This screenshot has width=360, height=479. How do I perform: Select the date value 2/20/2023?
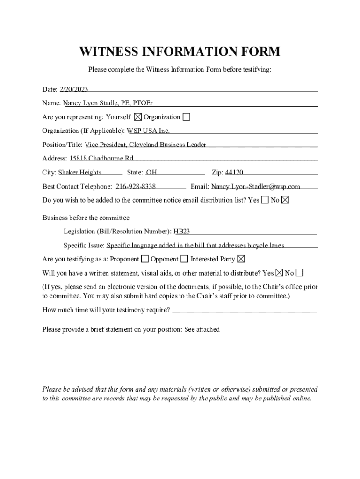click(x=74, y=89)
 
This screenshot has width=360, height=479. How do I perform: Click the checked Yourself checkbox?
click(x=138, y=117)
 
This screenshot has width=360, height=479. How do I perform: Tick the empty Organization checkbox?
click(x=187, y=117)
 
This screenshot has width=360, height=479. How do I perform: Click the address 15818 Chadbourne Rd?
click(x=101, y=158)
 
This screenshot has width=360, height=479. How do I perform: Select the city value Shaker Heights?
click(x=80, y=172)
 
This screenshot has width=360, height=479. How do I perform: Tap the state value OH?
click(x=151, y=172)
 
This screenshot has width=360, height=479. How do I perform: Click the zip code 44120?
click(x=234, y=172)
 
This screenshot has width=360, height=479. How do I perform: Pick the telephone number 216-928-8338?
click(x=136, y=186)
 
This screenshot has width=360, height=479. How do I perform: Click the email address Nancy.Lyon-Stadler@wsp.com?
click(x=255, y=186)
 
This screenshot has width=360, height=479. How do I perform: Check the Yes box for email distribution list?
click(x=265, y=200)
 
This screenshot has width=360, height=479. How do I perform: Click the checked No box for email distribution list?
click(x=285, y=200)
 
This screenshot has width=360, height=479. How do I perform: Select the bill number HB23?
click(x=182, y=231)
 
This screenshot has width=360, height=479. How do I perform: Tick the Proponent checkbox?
click(x=145, y=259)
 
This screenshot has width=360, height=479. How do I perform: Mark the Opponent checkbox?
click(x=185, y=259)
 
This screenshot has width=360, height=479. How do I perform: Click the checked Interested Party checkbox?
click(x=241, y=259)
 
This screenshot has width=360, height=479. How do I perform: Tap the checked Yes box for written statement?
click(x=279, y=273)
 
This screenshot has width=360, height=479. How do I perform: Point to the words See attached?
click(x=202, y=329)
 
